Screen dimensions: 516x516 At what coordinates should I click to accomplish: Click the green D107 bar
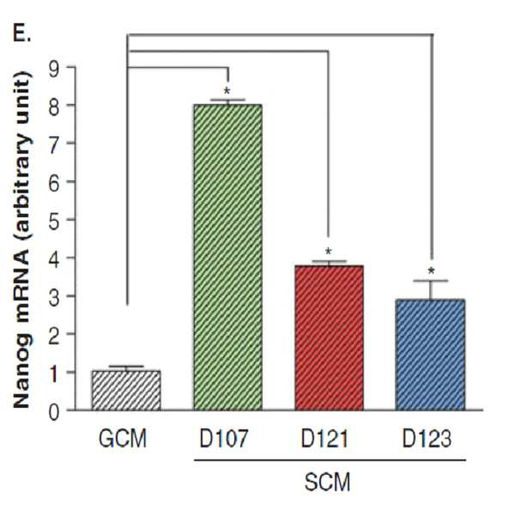click(228, 258)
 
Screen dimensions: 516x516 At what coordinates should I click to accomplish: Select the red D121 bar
click(329, 338)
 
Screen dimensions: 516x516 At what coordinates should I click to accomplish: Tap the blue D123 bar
click(430, 355)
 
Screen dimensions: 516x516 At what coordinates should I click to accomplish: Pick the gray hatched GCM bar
click(126, 391)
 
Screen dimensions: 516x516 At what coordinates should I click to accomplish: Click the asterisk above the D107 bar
click(227, 91)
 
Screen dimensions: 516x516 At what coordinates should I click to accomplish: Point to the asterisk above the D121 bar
click(328, 252)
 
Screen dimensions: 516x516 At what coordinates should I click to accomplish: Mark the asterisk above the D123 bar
click(431, 271)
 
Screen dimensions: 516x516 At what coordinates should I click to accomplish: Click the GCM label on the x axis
click(123, 439)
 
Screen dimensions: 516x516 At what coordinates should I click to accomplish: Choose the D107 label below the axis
click(223, 439)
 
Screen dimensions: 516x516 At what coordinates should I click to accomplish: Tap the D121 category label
click(325, 439)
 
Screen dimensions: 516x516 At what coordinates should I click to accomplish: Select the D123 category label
click(427, 439)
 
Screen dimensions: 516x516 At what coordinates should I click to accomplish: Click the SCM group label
click(327, 483)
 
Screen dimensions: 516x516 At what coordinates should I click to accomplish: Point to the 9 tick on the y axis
click(54, 69)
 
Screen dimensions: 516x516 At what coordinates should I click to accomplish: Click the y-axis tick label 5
click(54, 220)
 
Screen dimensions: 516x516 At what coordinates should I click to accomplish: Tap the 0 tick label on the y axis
click(54, 412)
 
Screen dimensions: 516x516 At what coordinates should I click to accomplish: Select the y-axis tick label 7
click(54, 143)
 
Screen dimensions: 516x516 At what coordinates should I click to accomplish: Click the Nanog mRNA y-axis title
click(22, 240)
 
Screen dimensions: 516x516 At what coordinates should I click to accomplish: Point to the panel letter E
click(21, 33)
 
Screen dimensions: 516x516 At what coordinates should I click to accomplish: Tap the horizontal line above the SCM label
click(330, 459)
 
